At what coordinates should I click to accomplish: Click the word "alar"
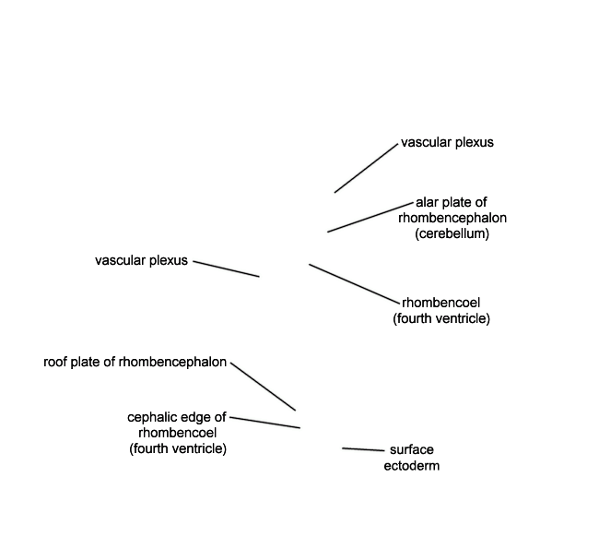(x=426, y=202)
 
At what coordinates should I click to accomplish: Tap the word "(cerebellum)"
(x=452, y=233)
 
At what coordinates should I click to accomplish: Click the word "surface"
(x=412, y=449)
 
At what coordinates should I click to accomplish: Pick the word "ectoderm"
(x=412, y=465)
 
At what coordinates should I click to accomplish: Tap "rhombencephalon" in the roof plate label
(x=172, y=362)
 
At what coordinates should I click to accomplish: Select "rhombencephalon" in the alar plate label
(x=452, y=218)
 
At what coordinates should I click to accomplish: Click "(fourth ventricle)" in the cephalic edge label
(x=178, y=448)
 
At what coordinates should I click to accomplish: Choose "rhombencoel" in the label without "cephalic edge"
(x=440, y=303)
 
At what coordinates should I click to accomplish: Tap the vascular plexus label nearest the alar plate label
(x=447, y=142)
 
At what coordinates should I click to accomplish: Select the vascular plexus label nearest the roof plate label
(x=141, y=260)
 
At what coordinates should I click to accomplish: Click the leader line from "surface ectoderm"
(x=363, y=449)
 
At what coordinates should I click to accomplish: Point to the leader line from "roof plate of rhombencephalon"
(x=264, y=387)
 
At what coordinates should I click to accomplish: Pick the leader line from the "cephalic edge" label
(x=265, y=423)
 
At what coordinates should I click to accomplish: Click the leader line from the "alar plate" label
(x=370, y=217)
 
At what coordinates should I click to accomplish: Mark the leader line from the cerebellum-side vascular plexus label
(x=367, y=168)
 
